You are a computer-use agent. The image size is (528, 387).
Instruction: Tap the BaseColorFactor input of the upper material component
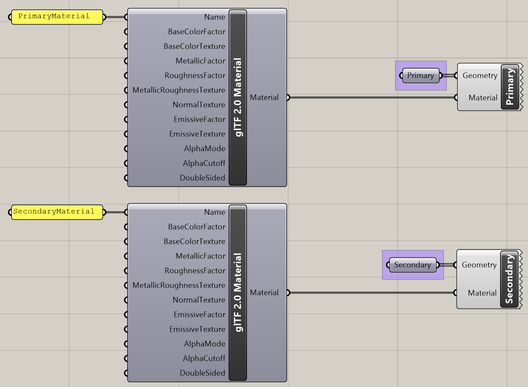tap(197, 32)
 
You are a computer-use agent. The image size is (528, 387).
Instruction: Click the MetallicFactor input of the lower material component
tap(200, 256)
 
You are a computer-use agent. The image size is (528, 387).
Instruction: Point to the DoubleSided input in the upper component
tap(202, 178)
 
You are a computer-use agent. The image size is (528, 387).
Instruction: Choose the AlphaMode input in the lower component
tap(204, 344)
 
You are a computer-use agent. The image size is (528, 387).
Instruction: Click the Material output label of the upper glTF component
tap(264, 98)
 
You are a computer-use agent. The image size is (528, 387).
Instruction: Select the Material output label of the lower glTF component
tap(264, 293)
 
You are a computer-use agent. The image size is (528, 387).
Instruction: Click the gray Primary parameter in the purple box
tap(420, 76)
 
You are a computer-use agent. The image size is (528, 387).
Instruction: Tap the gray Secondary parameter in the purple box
tap(412, 265)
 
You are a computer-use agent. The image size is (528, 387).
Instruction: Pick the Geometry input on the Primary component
tap(479, 76)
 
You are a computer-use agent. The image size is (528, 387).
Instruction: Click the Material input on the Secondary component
tap(482, 293)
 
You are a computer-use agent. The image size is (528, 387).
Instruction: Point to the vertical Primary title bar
tap(510, 87)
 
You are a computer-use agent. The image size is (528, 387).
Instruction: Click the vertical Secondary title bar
tap(509, 279)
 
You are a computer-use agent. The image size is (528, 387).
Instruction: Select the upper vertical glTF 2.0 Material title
tap(238, 98)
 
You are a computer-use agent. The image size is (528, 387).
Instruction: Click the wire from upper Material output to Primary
tap(369, 98)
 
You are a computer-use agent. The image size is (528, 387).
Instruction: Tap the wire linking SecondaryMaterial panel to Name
tap(115, 212)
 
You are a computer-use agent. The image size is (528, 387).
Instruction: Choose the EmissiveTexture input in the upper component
tap(197, 134)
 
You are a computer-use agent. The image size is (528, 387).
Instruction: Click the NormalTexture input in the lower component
tap(199, 300)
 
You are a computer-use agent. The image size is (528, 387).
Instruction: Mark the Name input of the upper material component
tap(214, 17)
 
